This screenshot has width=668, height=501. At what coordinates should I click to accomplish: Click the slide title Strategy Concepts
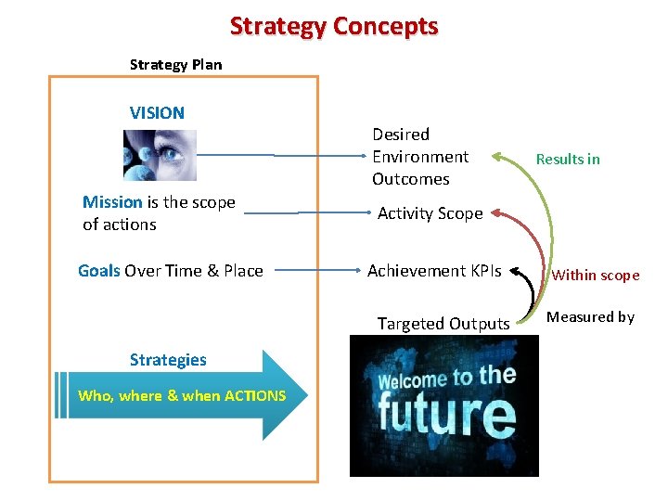(x=334, y=26)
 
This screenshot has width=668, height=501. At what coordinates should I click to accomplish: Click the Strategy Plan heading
(x=175, y=65)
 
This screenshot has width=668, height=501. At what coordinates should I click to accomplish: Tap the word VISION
(x=157, y=113)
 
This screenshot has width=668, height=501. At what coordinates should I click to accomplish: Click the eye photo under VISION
(x=160, y=155)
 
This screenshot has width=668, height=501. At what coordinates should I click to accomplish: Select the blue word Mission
(x=112, y=202)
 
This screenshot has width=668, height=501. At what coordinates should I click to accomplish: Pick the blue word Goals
(x=98, y=271)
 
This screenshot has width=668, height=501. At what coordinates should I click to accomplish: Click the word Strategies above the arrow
(x=168, y=360)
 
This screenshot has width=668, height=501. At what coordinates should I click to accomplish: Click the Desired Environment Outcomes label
(x=420, y=157)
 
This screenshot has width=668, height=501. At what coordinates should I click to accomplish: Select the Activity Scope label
(x=430, y=213)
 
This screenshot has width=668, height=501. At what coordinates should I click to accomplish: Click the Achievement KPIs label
(x=434, y=271)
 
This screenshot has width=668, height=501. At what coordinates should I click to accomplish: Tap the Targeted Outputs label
(x=443, y=324)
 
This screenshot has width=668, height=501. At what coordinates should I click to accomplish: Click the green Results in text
(x=568, y=159)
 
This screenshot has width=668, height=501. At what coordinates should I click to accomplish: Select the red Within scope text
(x=596, y=276)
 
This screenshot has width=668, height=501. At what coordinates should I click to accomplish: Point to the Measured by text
(x=590, y=317)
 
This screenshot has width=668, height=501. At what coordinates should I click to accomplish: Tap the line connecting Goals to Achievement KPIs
(x=315, y=271)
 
